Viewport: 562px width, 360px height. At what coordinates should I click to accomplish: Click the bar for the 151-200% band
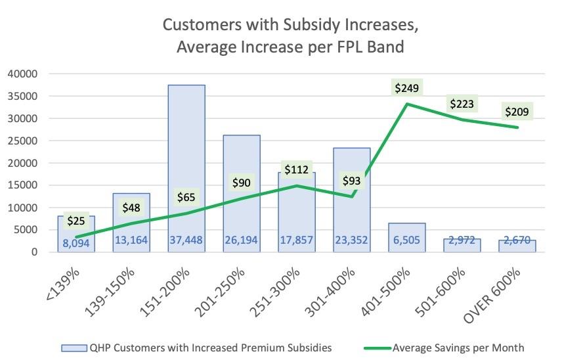pyautogui.click(x=186, y=164)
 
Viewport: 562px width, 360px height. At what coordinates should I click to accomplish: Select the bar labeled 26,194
pyautogui.click(x=241, y=191)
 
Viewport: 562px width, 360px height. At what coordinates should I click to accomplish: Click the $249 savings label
pyautogui.click(x=406, y=88)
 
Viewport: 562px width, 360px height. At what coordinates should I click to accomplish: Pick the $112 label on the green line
pyautogui.click(x=297, y=170)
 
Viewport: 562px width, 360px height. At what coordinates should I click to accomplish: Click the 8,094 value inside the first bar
pyautogui.click(x=76, y=244)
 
